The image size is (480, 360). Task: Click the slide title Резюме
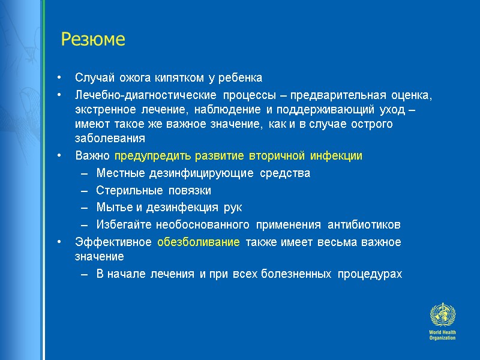pos(93,40)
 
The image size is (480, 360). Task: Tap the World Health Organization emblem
pos(442,315)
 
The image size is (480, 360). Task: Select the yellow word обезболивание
pos(198,242)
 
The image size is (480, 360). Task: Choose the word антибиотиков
pos(368,225)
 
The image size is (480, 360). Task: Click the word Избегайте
pos(124,225)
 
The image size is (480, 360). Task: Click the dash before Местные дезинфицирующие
pos(83,174)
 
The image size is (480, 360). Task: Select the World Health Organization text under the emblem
pos(442,335)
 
